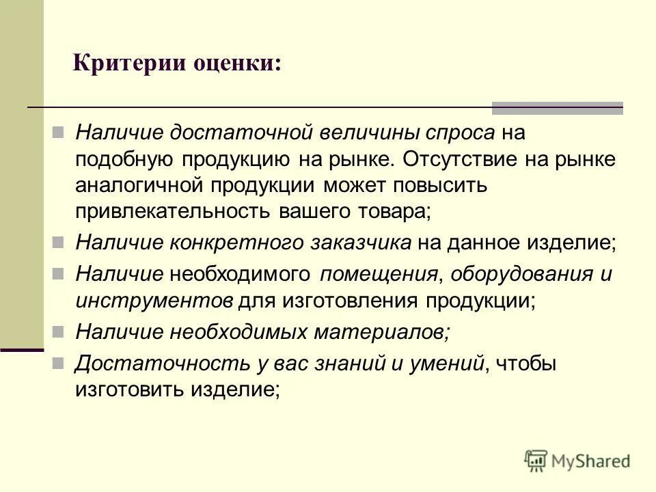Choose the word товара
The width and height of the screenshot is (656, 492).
(x=396, y=211)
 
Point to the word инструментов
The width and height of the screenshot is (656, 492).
(x=155, y=301)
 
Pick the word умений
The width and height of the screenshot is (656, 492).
(x=448, y=364)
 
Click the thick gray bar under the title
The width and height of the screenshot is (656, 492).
(x=558, y=108)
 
